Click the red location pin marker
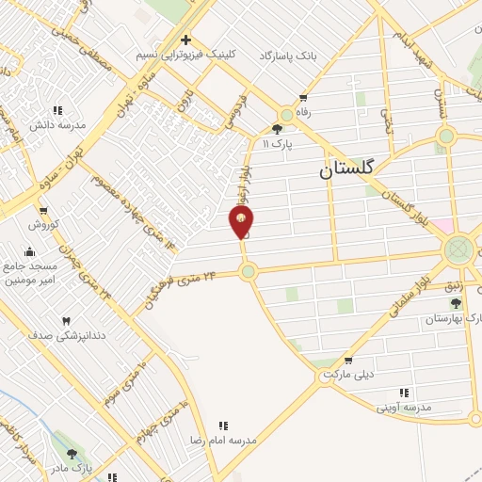click(242, 221)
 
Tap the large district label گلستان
click(346, 169)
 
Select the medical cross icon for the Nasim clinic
click(186, 40)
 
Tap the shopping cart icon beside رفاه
click(303, 97)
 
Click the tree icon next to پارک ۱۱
click(279, 130)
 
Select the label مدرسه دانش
click(58, 124)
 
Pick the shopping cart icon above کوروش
click(43, 210)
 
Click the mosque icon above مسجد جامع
click(30, 250)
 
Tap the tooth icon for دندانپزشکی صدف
click(66, 321)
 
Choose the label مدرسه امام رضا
click(223, 440)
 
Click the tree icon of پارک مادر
click(72, 455)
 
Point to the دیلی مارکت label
click(348, 374)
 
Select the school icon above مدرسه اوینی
click(404, 393)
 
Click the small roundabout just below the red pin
click(248, 272)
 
